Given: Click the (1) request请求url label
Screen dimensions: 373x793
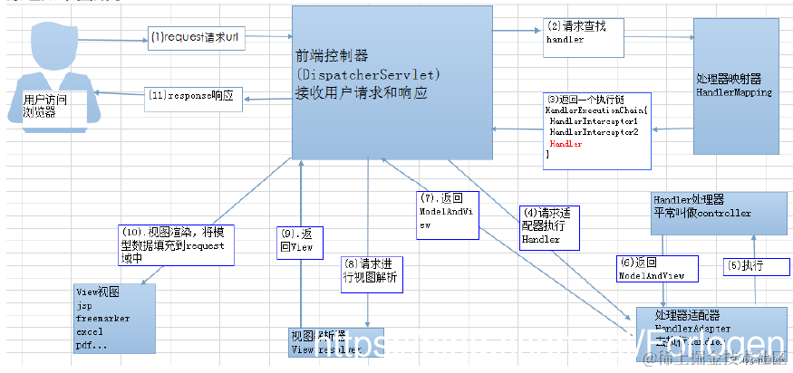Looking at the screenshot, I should pos(198,38).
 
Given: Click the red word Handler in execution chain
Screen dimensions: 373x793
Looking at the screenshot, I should pos(566,144).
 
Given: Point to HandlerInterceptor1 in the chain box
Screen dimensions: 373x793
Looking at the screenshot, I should pos(594,120).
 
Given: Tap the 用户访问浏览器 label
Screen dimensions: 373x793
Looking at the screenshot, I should pos(44,106).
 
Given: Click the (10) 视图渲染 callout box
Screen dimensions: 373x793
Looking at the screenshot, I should pos(176,244).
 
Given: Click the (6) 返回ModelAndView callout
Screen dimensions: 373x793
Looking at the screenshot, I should pos(657,267).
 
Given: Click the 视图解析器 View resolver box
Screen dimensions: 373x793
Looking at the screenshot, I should pos(335,342).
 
